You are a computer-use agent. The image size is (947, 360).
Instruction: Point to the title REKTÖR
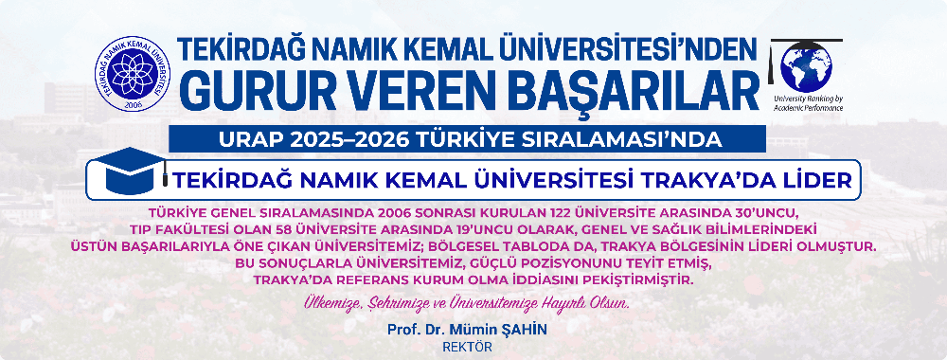(x=468, y=346)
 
